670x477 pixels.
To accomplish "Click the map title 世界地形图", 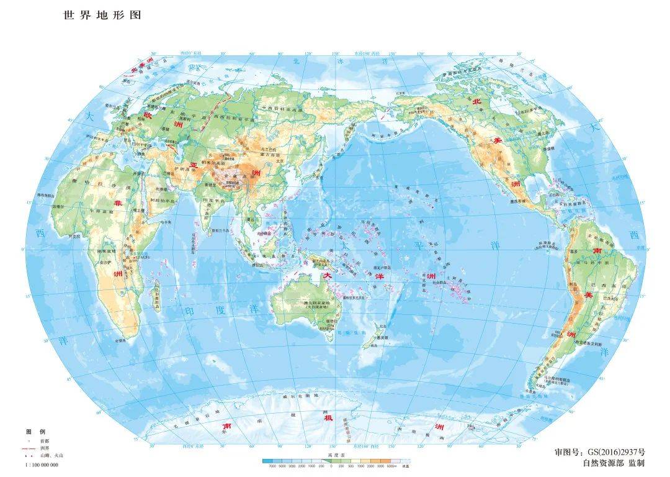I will coord(102,15).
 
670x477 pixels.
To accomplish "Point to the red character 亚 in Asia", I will coord(193,166).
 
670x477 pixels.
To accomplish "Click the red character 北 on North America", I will coord(477,101).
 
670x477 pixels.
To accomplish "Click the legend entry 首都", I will coord(43,440).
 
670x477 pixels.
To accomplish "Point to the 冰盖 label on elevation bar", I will coord(406,466).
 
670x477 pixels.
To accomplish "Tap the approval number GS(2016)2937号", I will coord(600,452).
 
